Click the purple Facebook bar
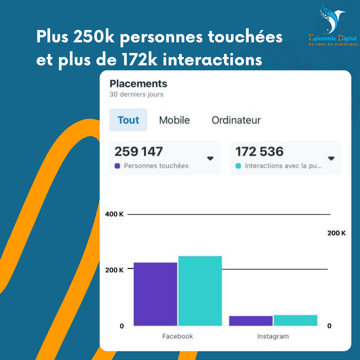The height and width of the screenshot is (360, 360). (155, 294)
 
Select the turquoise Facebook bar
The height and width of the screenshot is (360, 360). (200, 291)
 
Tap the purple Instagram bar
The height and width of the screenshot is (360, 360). (251, 321)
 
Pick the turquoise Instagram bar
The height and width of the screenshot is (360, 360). (295, 320)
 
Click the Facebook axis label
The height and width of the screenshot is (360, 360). (177, 336)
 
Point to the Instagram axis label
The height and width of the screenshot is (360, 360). (273, 336)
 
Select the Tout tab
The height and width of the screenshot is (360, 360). (128, 120)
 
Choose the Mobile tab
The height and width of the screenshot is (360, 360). (174, 120)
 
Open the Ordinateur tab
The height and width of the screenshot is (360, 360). (236, 120)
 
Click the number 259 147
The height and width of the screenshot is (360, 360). (138, 152)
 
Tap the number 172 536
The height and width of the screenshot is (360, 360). (259, 152)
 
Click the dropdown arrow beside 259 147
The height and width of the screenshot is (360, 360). (210, 158)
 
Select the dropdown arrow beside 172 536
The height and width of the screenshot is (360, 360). (331, 158)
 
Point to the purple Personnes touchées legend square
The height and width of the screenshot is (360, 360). (117, 166)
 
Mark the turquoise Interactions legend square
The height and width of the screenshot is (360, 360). (238, 166)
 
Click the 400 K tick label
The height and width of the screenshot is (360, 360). (114, 214)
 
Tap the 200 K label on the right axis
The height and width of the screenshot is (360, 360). (336, 233)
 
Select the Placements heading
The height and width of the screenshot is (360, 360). (138, 83)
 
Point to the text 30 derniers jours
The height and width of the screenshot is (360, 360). (136, 94)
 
